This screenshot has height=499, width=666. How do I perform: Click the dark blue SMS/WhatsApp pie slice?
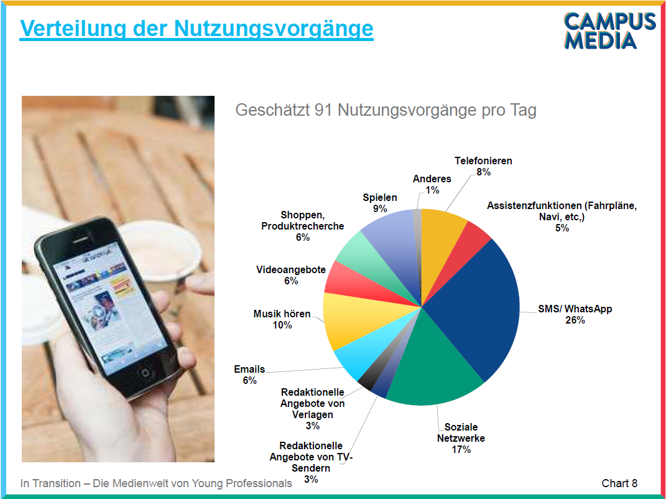tap(476, 306)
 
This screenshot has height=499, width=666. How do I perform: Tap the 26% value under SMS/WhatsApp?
tap(575, 320)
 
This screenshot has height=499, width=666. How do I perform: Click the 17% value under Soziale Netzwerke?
tap(461, 449)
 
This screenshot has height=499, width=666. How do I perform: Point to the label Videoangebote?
tap(291, 270)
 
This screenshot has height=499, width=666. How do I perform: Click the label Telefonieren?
tap(483, 161)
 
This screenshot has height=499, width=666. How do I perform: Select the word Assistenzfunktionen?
tap(534, 206)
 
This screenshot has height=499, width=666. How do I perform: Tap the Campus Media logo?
tap(609, 30)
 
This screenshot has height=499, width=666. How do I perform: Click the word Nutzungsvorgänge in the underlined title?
tap(274, 29)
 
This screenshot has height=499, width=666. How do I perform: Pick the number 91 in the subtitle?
tap(323, 110)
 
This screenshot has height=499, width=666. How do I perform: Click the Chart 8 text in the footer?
tap(619, 483)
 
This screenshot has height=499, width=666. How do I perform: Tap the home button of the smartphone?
tap(146, 373)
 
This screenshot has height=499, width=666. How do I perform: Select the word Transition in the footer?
tap(57, 483)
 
